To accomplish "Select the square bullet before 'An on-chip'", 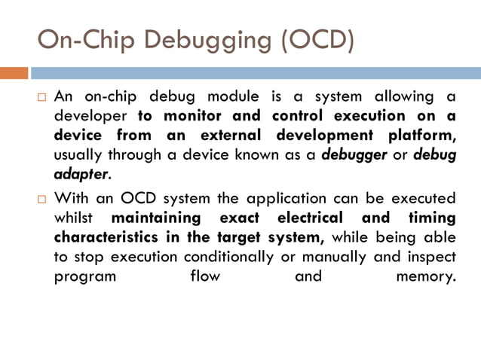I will (42, 97).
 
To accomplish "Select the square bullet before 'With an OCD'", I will (42, 199).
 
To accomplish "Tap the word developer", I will (91, 116).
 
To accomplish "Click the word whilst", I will (75, 218).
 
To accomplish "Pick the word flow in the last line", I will (206, 276).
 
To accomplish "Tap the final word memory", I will (426, 276).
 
